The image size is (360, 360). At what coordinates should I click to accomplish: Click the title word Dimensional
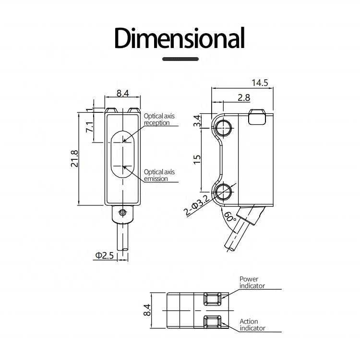coord(179,38)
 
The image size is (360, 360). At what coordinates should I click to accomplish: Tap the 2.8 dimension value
coord(244,97)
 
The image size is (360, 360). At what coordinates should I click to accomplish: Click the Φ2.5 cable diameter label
coord(104,255)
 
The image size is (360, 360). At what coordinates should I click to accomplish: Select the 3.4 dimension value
coord(196,121)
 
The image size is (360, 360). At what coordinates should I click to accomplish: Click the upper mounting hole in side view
coord(222,126)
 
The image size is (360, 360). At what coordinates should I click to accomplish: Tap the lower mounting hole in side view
coord(222,192)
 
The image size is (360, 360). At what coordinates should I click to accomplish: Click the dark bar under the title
coord(180,59)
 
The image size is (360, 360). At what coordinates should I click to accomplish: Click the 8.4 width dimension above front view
coord(122,93)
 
